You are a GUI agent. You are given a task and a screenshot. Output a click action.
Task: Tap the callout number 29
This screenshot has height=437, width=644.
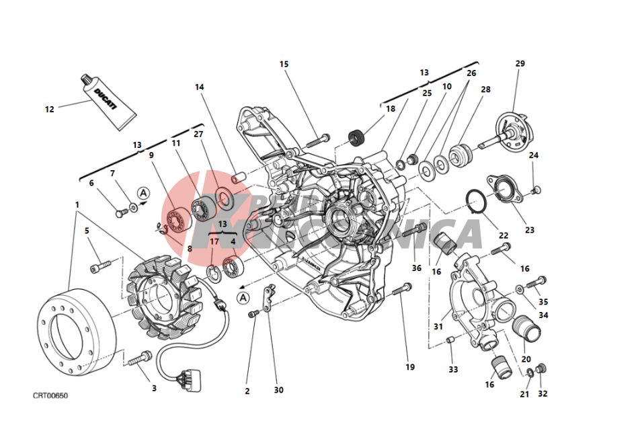520,64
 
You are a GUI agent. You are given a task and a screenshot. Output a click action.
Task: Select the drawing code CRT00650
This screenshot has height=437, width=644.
50,395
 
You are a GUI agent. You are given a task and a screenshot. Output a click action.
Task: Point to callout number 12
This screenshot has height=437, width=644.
49,109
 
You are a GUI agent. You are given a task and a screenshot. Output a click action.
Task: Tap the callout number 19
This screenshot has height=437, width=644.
410,367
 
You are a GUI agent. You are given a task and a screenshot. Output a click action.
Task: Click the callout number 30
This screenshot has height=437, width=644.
278,390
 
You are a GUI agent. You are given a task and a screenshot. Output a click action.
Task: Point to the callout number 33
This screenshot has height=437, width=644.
453,369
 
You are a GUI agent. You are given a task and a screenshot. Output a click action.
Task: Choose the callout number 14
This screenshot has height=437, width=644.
199,87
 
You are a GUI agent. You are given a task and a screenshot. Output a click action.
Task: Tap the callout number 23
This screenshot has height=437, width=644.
530,230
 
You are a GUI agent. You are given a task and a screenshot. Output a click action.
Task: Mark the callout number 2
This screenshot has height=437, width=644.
247,391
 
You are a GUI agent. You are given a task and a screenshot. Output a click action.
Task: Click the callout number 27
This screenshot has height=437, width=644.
198,134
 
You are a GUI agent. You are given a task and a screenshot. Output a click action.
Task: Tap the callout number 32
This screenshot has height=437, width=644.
542,394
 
